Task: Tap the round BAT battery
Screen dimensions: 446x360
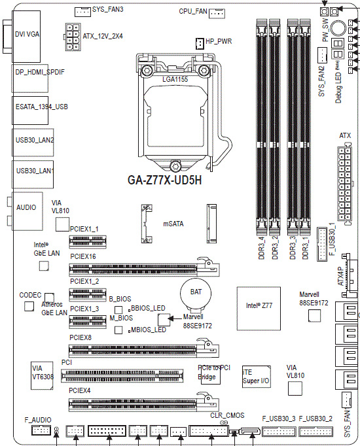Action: click(195, 293)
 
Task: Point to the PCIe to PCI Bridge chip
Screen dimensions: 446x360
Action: click(213, 375)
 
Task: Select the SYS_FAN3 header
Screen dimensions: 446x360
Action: click(82, 11)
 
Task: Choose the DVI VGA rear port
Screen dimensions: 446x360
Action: click(27, 33)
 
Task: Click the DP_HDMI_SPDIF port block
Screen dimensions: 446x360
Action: click(39, 71)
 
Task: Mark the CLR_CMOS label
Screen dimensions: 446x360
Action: click(227, 415)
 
